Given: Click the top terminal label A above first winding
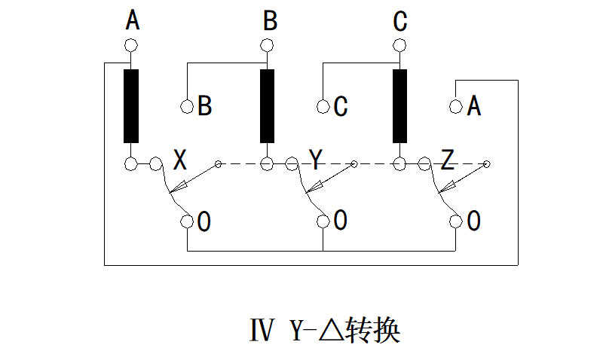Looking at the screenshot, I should tap(132, 21).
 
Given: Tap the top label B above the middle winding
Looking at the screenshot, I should tap(269, 21).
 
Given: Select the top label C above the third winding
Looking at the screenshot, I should tap(400, 21).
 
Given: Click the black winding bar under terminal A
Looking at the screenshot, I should tap(132, 105).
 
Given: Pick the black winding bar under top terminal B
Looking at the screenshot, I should tap(267, 105).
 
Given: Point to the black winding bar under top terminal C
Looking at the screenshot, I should tap(399, 105).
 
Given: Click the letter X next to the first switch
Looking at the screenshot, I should tap(180, 160).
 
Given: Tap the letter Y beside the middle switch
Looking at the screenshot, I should tap(315, 160).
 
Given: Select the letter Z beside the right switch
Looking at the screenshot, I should tap(448, 160).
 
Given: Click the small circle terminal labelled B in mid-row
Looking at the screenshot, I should tap(187, 106).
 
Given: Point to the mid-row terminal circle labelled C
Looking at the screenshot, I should tap(323, 106).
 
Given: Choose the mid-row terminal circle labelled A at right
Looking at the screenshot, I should tap(455, 106).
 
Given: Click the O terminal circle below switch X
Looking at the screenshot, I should tap(187, 221).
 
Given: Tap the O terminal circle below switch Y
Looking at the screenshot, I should tap(323, 221).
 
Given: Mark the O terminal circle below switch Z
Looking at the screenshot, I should tap(455, 221).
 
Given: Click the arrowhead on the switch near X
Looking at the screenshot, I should tap(179, 186).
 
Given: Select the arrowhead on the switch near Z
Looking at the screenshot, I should tap(447, 186).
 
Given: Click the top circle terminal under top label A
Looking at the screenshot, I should tap(132, 45).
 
